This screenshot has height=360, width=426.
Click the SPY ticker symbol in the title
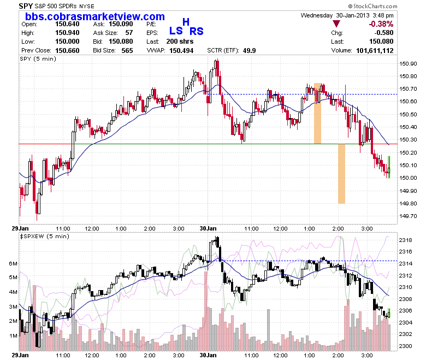(x=26, y=6)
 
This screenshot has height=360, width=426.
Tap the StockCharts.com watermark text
(x=372, y=6)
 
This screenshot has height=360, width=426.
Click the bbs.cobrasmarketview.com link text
(x=95, y=16)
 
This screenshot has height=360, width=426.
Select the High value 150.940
(x=67, y=33)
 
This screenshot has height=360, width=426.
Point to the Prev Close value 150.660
(x=67, y=51)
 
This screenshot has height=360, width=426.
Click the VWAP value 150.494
(x=181, y=51)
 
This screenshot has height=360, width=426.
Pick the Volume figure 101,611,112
(x=375, y=51)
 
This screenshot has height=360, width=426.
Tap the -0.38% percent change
(x=381, y=24)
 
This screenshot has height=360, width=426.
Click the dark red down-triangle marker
(x=336, y=24)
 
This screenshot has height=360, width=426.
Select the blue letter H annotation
(x=186, y=22)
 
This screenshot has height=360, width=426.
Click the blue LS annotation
(x=176, y=31)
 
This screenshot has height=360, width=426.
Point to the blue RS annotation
(x=197, y=31)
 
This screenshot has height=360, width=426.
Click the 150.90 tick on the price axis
(x=408, y=64)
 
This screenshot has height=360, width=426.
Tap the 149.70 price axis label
(x=408, y=216)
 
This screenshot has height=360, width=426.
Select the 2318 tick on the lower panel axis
(x=406, y=240)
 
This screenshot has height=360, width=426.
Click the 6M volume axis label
(x=13, y=263)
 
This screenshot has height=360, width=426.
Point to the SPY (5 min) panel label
(x=38, y=58)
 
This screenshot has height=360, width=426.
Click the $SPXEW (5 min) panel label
(x=45, y=237)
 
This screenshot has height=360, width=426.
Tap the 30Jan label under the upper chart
(x=208, y=228)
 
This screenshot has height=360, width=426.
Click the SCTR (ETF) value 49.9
(x=249, y=51)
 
